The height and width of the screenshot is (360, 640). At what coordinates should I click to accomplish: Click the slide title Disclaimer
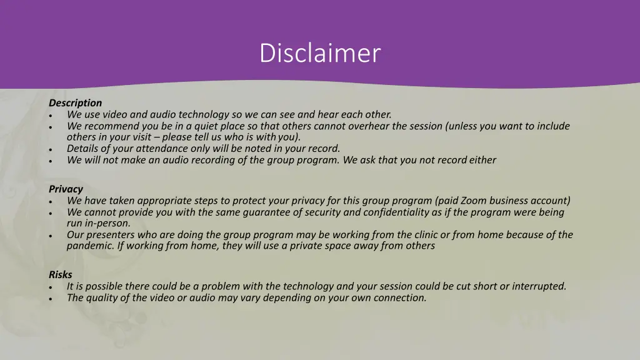(x=319, y=52)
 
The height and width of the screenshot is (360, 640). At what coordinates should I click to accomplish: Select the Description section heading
(x=75, y=102)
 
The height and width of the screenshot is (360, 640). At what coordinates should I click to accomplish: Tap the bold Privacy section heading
(x=66, y=189)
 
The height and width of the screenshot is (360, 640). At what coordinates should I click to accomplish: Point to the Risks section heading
(x=61, y=274)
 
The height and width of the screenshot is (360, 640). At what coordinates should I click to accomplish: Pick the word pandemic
(x=90, y=246)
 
